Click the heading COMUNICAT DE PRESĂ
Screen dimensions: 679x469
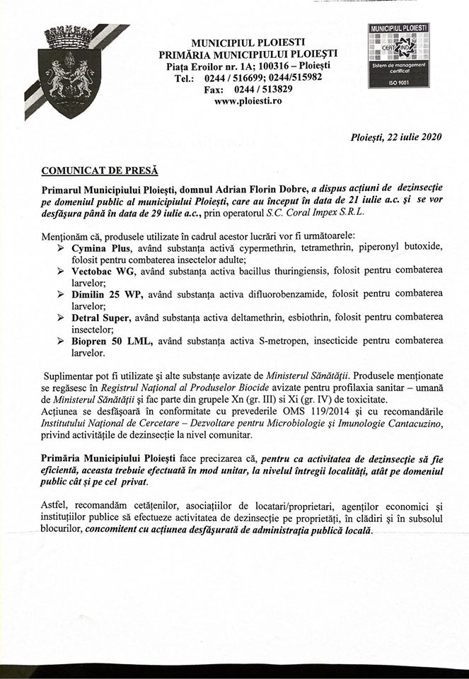pyautogui.click(x=99, y=170)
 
